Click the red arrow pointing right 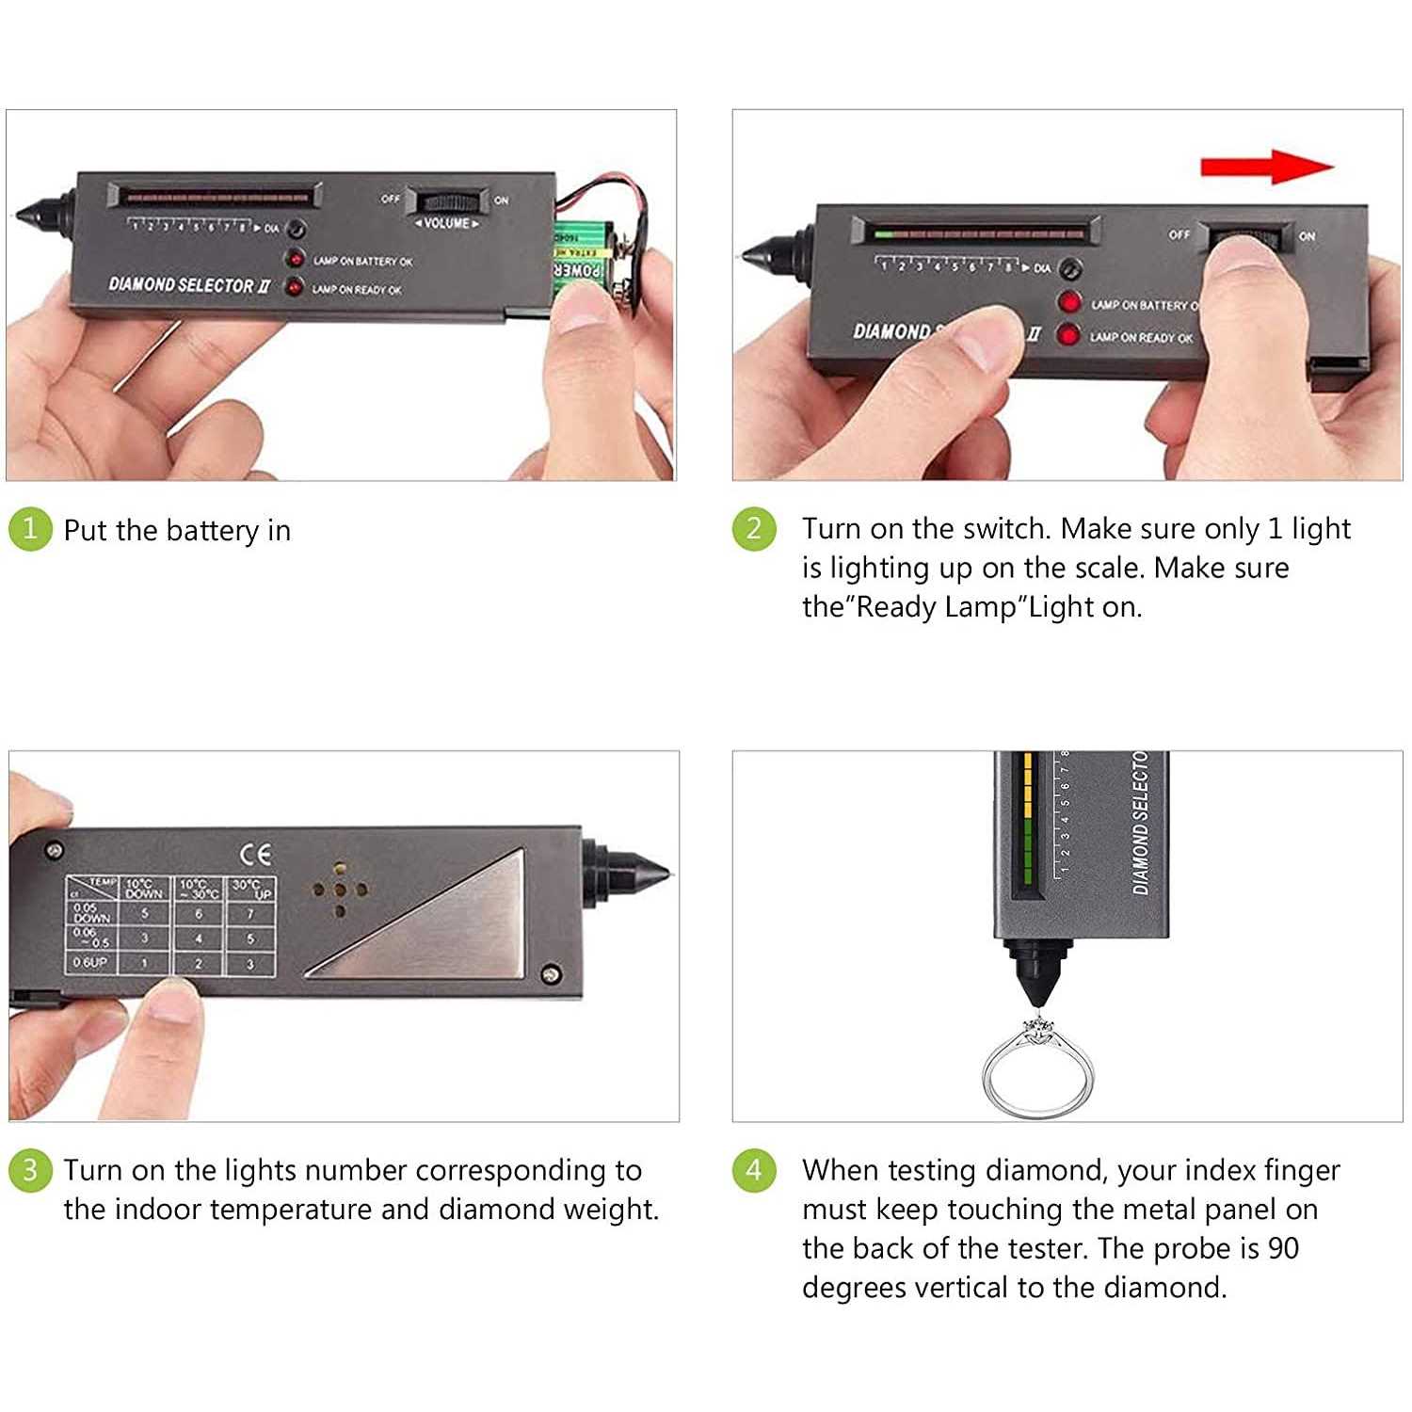pos(1266,167)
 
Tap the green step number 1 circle pos(30,528)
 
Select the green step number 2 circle pos(754,528)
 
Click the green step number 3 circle pos(30,1170)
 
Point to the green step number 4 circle pos(754,1170)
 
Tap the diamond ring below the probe pos(1037,1068)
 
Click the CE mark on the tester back pos(255,854)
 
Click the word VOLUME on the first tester pos(447,224)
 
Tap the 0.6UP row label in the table pos(90,963)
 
